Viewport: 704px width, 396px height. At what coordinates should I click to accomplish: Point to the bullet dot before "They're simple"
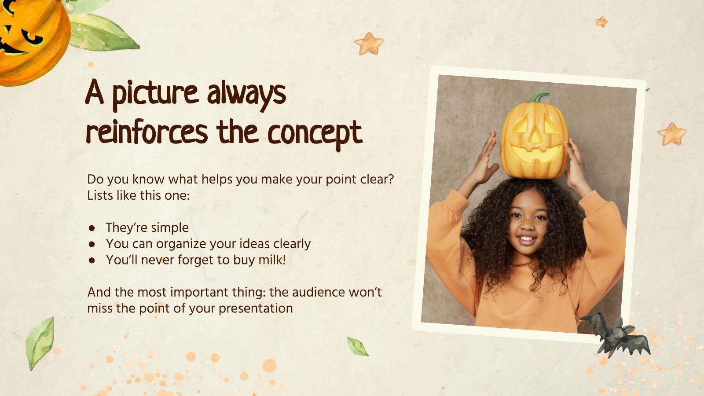[92, 228]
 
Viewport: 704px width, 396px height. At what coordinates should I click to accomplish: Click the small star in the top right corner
[601, 22]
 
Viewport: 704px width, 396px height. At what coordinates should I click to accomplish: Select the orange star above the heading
[369, 44]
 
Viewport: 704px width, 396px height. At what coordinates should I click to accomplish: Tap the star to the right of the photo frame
[671, 134]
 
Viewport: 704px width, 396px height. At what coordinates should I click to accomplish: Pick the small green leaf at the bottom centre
[357, 346]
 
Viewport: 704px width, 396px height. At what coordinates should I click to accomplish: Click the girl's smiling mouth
[526, 240]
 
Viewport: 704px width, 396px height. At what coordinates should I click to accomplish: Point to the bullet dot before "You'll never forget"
[92, 260]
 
